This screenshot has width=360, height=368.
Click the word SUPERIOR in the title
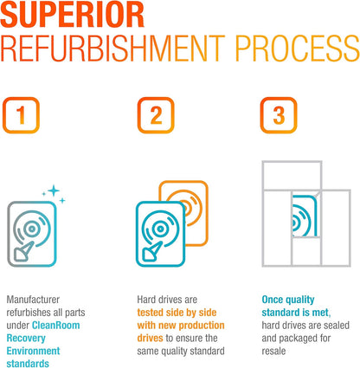click(72, 14)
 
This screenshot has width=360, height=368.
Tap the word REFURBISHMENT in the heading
click(112, 48)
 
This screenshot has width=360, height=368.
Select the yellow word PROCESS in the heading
click(297, 48)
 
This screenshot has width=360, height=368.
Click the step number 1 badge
click(21, 115)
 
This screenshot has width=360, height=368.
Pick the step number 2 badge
click(156, 115)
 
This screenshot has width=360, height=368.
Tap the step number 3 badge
click(279, 115)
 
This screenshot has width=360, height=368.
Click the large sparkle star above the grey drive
click(54, 190)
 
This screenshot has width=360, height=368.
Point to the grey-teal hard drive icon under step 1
click(32, 234)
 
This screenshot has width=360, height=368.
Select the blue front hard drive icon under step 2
click(160, 234)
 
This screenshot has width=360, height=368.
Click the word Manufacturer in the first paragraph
click(33, 300)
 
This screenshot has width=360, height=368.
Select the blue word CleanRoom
click(56, 326)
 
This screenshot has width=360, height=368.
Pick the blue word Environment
click(33, 351)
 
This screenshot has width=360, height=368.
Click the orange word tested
click(151, 313)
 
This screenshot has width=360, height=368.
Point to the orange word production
click(201, 326)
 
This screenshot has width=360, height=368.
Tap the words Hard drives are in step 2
click(167, 300)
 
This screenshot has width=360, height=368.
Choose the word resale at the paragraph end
click(273, 351)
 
